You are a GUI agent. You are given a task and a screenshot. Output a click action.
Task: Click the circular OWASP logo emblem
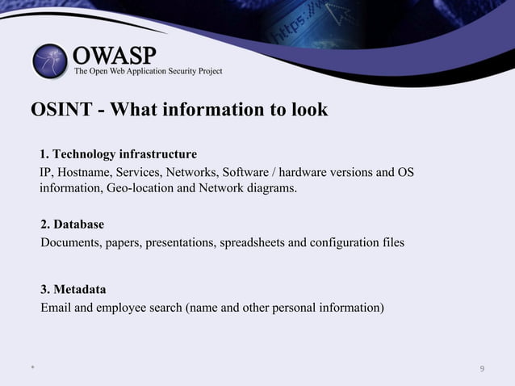(51, 62)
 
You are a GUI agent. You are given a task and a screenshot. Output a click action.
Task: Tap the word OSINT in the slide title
(60, 109)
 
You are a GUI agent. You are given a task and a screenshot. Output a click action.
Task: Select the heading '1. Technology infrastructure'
(119, 153)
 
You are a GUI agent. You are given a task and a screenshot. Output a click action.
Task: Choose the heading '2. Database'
(73, 224)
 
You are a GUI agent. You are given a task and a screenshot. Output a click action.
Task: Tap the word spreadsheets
(245, 241)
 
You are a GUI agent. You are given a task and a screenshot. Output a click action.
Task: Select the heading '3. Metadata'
(73, 289)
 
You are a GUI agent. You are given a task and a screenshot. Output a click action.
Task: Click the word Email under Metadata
(56, 308)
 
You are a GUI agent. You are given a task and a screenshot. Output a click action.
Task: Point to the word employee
(124, 308)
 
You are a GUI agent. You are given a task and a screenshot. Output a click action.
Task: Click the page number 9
(481, 369)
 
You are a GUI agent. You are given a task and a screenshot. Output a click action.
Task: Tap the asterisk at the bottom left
(32, 369)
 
